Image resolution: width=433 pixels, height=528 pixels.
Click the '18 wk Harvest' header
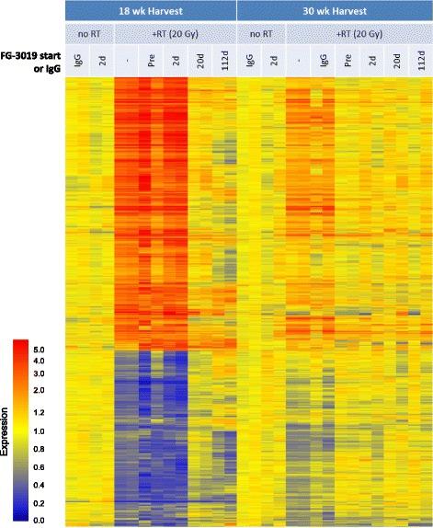151,11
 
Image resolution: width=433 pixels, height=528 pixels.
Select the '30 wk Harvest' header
334,11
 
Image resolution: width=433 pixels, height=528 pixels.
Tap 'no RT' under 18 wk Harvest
89,33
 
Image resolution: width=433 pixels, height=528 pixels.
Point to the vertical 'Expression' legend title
6,430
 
